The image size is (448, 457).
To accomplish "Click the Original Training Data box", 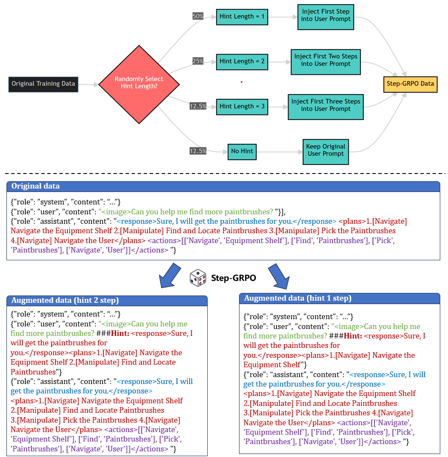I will pyautogui.click(x=43, y=84).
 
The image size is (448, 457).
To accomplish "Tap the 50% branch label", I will pyautogui.click(x=198, y=16).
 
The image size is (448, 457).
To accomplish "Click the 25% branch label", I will pyautogui.click(x=198, y=61).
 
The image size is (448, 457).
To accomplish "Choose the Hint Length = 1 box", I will pyautogui.click(x=242, y=16).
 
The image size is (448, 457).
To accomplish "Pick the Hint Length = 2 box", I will pyautogui.click(x=242, y=61).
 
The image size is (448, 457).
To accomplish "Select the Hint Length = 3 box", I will pyautogui.click(x=242, y=106).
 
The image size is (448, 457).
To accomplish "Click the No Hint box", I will pyautogui.click(x=242, y=151).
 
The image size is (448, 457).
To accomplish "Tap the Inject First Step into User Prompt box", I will pyautogui.click(x=326, y=15).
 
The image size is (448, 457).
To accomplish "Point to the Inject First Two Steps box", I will pyautogui.click(x=325, y=60).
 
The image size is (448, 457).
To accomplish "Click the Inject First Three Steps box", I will pyautogui.click(x=325, y=105).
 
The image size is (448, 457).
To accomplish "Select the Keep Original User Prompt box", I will pyautogui.click(x=325, y=150).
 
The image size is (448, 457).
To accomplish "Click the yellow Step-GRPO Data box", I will pyautogui.click(x=410, y=84).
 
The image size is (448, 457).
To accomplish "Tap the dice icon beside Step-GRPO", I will pyautogui.click(x=198, y=278).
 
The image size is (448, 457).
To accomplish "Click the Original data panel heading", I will pyautogui.click(x=36, y=186).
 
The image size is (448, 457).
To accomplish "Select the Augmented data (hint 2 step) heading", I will pyautogui.click(x=65, y=300).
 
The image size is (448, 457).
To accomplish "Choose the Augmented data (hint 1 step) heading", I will pyautogui.click(x=298, y=298).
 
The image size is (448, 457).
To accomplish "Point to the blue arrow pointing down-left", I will pyautogui.click(x=168, y=275).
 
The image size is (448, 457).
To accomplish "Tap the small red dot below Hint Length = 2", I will pyautogui.click(x=242, y=82).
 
